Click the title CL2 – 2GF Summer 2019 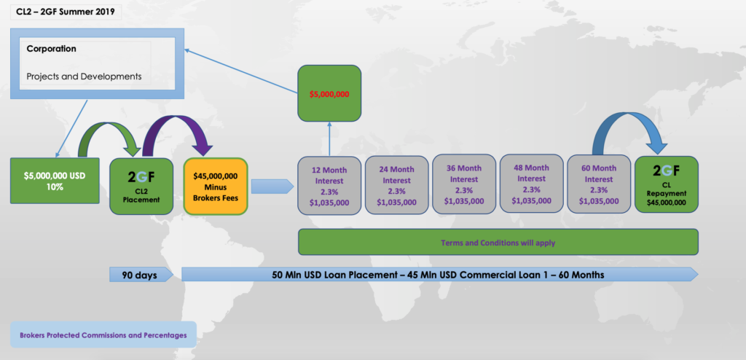[61, 12]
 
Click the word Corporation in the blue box [51, 50]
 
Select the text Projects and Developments [84, 76]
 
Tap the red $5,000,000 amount [329, 94]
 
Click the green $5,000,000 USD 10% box [55, 181]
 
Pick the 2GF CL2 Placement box [141, 186]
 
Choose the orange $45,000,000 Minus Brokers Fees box [216, 186]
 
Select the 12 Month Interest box [329, 185]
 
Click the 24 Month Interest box [396, 185]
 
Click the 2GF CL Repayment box [667, 185]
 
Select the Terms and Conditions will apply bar [498, 242]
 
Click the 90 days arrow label [141, 274]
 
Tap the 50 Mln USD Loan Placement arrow [437, 274]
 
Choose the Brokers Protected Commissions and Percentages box [103, 335]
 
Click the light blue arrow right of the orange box [271, 187]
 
